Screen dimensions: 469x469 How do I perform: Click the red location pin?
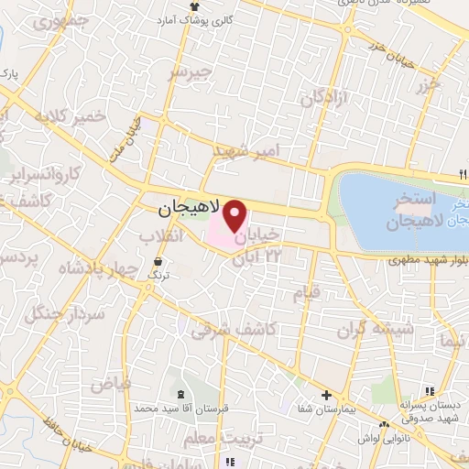point(235,216)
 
